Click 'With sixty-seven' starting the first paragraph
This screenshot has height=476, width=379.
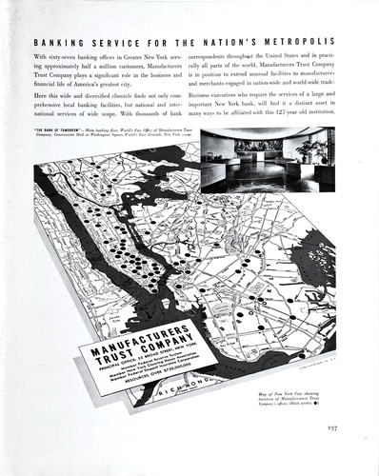coord(58,59)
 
